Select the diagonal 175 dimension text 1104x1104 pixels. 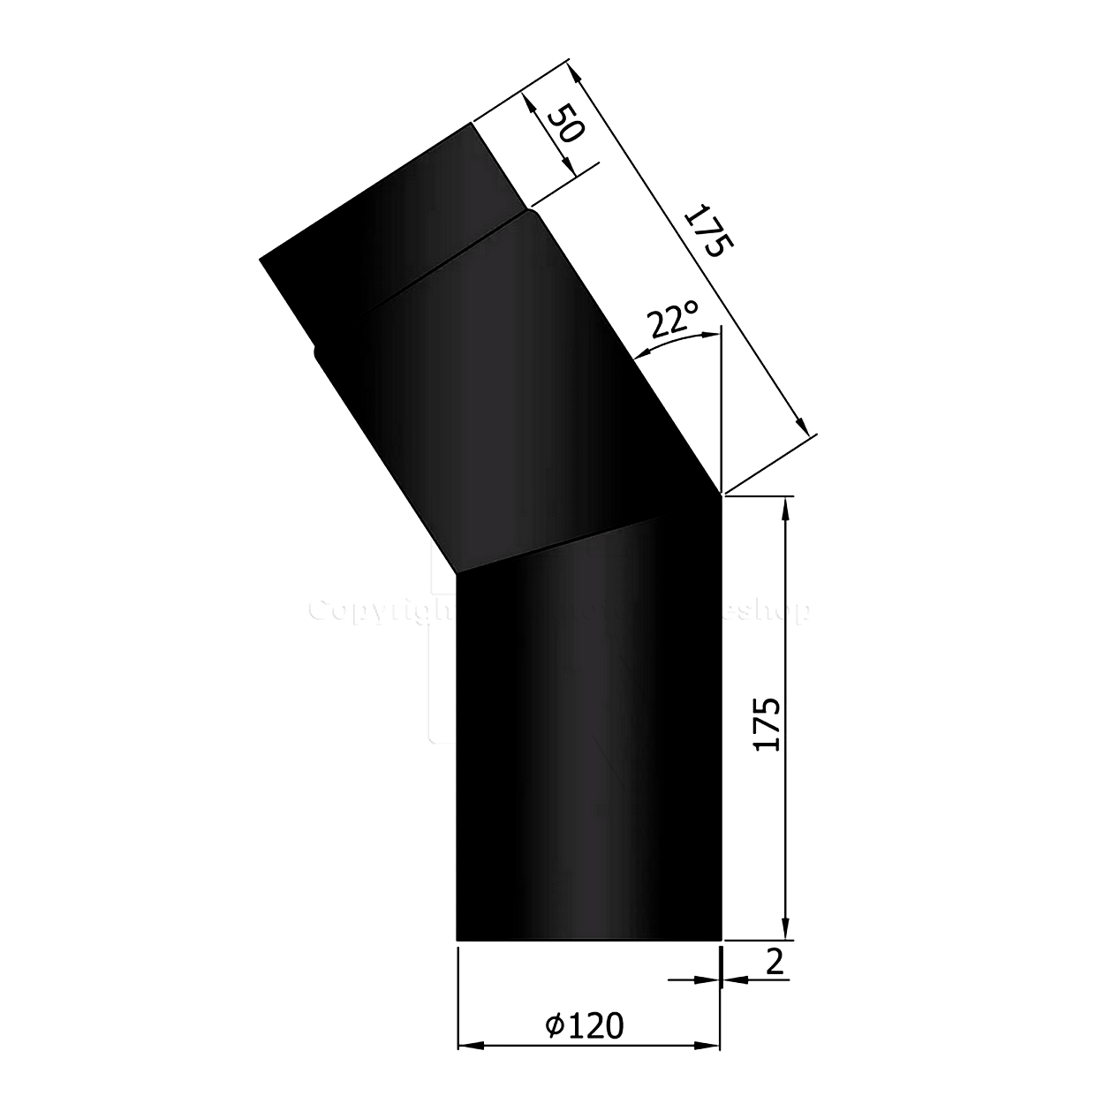(706, 231)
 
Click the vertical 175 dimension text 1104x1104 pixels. (768, 724)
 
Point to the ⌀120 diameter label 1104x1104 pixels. (584, 1025)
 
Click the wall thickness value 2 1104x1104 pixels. (775, 962)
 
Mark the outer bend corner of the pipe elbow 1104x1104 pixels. (722, 495)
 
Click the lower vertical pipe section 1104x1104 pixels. (587, 751)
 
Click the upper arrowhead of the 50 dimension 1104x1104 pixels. (529, 102)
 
